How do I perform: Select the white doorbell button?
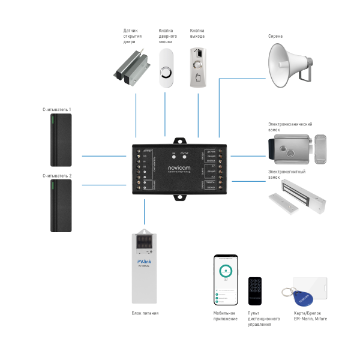[x=167, y=68]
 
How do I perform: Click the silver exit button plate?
[x=197, y=68]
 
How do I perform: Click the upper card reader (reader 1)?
[x=61, y=141]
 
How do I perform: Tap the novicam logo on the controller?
[x=179, y=160]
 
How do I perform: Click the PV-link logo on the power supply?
[x=145, y=262]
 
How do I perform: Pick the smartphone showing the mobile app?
[x=226, y=280]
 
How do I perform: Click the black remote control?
[x=256, y=292]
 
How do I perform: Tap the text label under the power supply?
[x=145, y=313]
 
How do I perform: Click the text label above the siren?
[x=275, y=35]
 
